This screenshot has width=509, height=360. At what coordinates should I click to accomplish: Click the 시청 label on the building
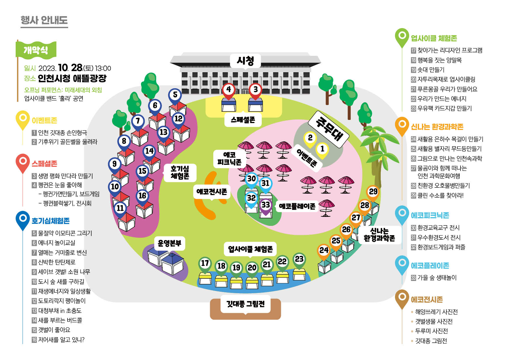click(246, 61)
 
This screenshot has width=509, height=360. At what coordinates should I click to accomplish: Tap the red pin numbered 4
click(229, 91)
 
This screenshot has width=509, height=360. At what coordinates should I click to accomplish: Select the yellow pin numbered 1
click(322, 150)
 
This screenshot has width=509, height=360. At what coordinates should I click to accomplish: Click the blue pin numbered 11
click(120, 210)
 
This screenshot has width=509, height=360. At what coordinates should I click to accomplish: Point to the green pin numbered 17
click(205, 264)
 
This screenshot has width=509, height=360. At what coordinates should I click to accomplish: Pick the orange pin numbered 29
click(373, 193)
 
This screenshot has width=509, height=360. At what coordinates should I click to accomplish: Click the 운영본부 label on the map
click(169, 243)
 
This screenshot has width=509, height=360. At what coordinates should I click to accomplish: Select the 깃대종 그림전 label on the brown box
click(246, 304)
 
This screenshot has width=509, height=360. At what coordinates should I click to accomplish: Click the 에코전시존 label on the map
click(212, 192)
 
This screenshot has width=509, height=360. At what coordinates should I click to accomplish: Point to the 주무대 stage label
click(329, 128)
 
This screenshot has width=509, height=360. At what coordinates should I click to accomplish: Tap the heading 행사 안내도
click(44, 20)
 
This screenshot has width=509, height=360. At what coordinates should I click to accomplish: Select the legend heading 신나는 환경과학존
click(437, 127)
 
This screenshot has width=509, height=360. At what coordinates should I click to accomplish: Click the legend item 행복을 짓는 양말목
click(439, 60)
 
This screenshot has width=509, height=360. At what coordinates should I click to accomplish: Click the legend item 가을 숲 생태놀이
click(434, 278)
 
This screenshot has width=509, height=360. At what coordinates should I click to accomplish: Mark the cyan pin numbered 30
click(251, 180)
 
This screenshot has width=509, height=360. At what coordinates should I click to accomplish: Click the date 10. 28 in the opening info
click(71, 68)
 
